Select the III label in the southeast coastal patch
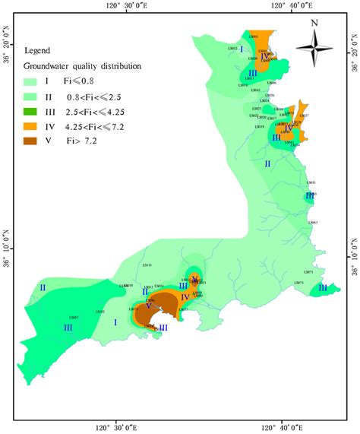[x=323, y=288]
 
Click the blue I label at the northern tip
[x=242, y=49]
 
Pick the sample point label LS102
[x=99, y=312]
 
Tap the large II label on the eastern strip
[x=267, y=163]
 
